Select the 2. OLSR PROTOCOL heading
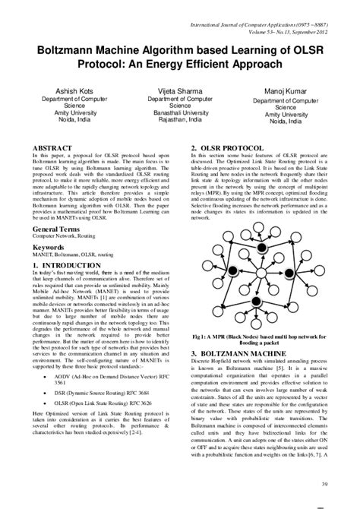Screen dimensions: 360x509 pos(230,147)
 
